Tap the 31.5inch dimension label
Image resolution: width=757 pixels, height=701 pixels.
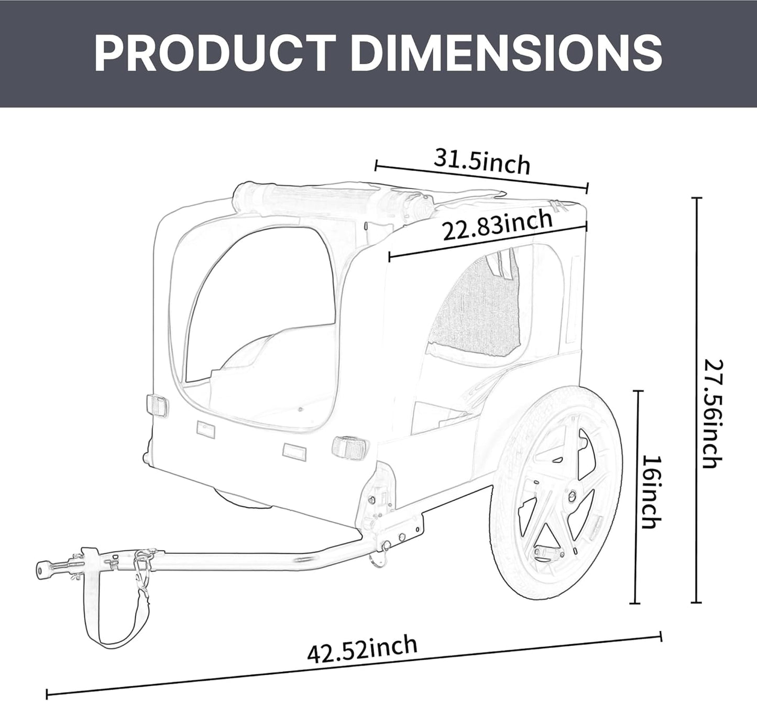tap(481, 162)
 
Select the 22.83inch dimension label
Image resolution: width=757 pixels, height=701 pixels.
tap(497, 225)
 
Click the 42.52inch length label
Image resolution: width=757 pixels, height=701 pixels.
tap(362, 650)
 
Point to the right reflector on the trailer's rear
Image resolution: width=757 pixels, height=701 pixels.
tap(349, 447)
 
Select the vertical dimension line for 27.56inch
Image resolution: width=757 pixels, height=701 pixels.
tap(696, 401)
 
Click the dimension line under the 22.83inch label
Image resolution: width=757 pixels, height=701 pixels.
tap(488, 243)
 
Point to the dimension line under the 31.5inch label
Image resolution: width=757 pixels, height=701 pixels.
tap(481, 178)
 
